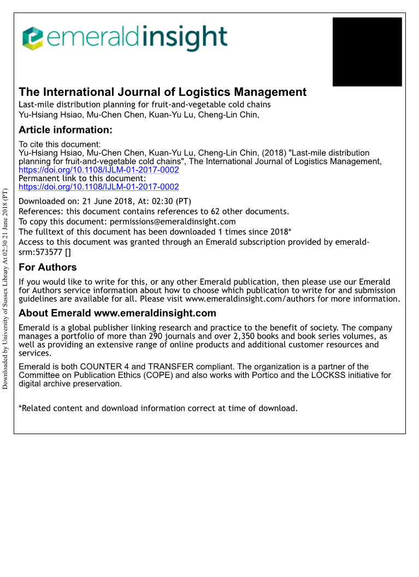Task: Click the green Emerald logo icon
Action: (32, 38)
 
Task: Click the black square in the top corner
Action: (367, 52)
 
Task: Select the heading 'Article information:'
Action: (66, 130)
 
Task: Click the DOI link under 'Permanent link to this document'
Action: (99, 187)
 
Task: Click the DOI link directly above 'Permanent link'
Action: (99, 170)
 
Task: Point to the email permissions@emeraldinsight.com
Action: (173, 221)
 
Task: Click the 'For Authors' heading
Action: (48, 267)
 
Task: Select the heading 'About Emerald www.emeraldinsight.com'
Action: (117, 313)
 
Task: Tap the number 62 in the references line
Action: (216, 212)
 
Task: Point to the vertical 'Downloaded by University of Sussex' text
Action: (5, 288)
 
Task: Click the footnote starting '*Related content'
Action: (158, 408)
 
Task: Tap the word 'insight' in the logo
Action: (186, 38)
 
